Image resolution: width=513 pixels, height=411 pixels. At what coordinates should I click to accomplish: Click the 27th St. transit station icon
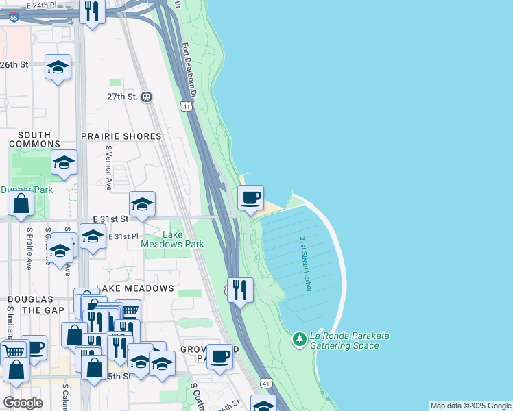[x=146, y=97]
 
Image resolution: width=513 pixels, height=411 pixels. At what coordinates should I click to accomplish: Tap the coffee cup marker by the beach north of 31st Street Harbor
[x=250, y=197]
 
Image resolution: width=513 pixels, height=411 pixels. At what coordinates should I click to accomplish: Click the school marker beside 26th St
[x=58, y=67]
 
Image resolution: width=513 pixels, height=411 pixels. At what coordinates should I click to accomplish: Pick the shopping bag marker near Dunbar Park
[x=21, y=203]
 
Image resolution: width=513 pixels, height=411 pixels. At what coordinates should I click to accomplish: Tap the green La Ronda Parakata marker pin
[x=299, y=339]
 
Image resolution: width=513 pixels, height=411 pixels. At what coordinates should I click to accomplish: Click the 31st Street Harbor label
[x=305, y=264]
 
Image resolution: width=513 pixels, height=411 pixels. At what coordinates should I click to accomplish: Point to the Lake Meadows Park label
[x=163, y=238]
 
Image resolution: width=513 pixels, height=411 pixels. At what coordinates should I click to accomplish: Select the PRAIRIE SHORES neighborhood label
[x=121, y=136]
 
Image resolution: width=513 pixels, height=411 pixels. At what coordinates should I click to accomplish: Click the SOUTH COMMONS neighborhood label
[x=34, y=140]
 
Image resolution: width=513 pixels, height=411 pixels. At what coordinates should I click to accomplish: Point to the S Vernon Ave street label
[x=108, y=168]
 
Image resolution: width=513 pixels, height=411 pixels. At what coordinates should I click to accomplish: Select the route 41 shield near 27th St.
[x=186, y=106]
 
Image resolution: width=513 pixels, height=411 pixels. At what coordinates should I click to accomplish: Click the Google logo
[x=23, y=402]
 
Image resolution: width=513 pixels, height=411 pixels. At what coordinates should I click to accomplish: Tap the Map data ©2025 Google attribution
[x=470, y=406]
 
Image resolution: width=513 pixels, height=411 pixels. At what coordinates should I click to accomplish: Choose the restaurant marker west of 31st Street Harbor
[x=240, y=290]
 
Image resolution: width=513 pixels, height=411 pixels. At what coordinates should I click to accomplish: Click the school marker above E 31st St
[x=142, y=204]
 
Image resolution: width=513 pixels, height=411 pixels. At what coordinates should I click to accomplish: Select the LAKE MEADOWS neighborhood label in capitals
[x=134, y=288]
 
